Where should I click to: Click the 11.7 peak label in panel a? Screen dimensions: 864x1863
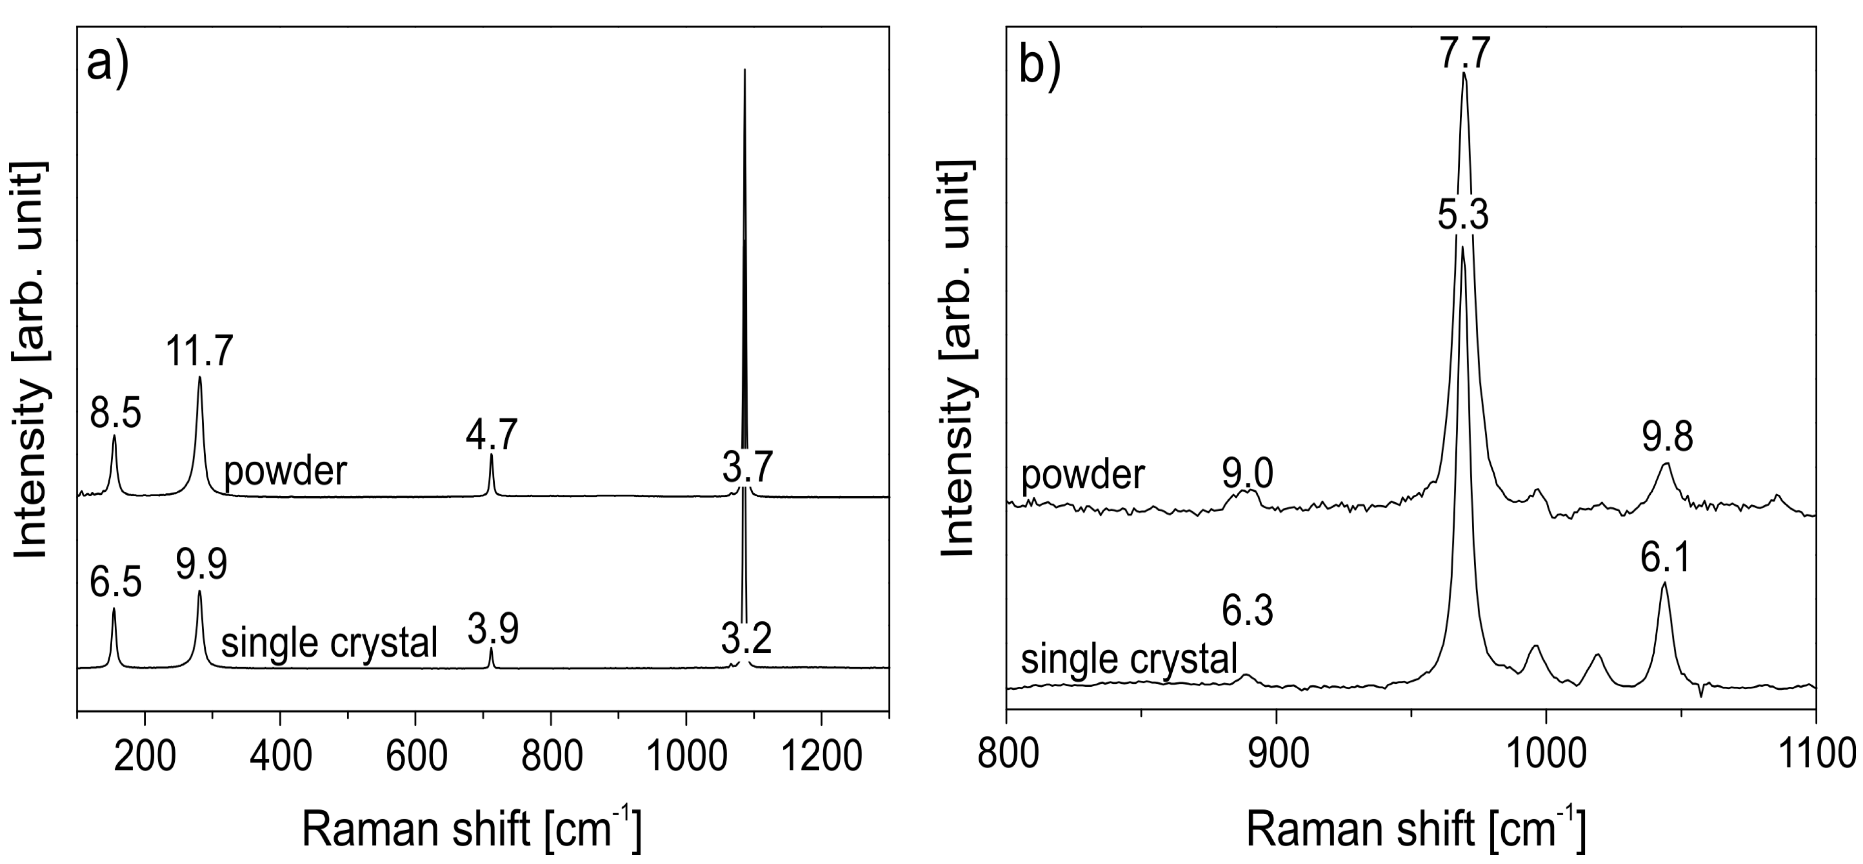tap(199, 352)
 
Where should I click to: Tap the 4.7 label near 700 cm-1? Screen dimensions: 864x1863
tap(492, 436)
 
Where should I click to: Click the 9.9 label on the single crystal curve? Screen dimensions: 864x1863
tap(201, 565)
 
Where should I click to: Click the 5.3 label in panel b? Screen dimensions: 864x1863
tap(1462, 215)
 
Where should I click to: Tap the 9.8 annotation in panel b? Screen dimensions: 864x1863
tap(1667, 438)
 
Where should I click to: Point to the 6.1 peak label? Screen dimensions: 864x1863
tap(1664, 557)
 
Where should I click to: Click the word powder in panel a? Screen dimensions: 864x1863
tap(285, 472)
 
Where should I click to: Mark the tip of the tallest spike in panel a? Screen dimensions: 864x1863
tap(745, 70)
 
